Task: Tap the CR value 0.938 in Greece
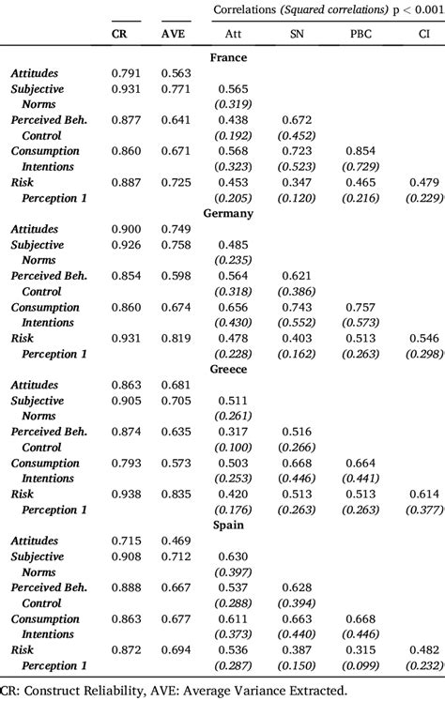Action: click(x=126, y=495)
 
